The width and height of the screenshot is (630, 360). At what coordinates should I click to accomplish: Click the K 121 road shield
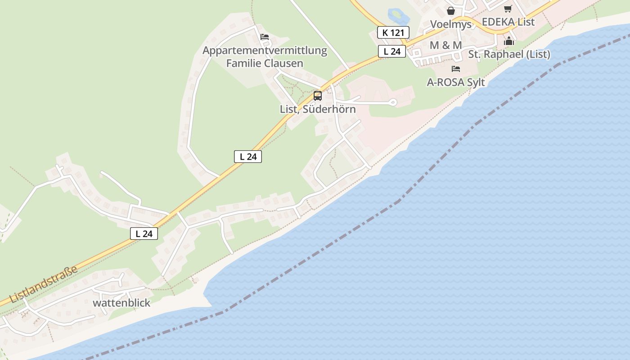click(x=393, y=32)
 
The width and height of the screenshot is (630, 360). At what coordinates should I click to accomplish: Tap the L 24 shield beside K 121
click(x=392, y=51)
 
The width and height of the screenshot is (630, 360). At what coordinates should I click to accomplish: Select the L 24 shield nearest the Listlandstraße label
click(x=144, y=234)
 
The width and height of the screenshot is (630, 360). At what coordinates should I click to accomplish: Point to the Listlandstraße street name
click(x=43, y=284)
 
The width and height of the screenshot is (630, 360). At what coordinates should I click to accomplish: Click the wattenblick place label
click(x=121, y=303)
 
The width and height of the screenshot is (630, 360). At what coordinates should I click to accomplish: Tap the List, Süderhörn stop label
click(x=318, y=109)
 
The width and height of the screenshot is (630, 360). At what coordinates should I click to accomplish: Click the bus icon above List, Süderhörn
click(x=318, y=95)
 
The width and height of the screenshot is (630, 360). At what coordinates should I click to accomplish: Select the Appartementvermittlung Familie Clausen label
click(x=265, y=57)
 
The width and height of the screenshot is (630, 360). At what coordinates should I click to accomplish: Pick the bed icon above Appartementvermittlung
click(x=265, y=37)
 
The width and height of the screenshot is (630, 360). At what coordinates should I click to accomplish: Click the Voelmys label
click(x=451, y=24)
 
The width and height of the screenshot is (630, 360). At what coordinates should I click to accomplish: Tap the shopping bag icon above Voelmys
click(x=451, y=11)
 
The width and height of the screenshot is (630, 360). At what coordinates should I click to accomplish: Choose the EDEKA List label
click(x=508, y=22)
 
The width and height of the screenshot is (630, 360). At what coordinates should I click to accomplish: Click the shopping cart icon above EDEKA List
click(x=508, y=9)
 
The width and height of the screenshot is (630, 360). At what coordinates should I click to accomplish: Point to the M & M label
click(x=445, y=45)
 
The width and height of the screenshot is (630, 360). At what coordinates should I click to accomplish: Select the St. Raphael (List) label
click(x=509, y=54)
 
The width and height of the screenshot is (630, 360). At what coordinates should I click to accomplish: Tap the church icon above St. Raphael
click(x=509, y=41)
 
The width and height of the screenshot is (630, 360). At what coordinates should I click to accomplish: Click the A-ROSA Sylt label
click(x=456, y=82)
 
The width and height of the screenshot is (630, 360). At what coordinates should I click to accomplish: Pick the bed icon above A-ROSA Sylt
click(x=456, y=69)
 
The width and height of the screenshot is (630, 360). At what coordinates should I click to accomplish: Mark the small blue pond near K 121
click(x=398, y=16)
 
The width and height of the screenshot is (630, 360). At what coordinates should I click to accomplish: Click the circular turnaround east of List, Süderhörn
click(x=393, y=103)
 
